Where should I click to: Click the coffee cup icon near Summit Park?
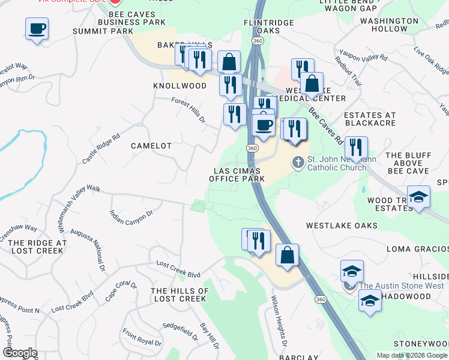pos(37,28)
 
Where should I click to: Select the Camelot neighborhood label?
pos(151,146)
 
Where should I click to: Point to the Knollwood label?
pos(180,86)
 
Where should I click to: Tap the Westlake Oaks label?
pos(342,226)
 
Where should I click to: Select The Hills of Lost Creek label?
pos(180,295)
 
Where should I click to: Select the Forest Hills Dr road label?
pos(188,110)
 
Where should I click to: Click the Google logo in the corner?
pos(20,353)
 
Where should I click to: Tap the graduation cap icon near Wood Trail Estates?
pos(418,197)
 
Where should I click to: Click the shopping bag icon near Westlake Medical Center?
pos(312,83)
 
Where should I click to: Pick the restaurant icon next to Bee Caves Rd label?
pos(356,148)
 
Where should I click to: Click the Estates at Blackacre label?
pos(370,119)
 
